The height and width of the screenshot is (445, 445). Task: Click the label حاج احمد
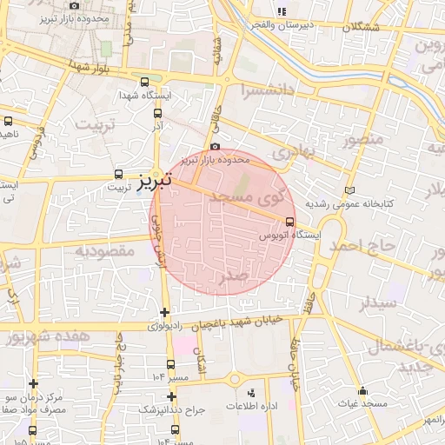pyautogui.click(x=362, y=246)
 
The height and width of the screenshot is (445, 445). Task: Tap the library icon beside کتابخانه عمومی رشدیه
pyautogui.click(x=350, y=189)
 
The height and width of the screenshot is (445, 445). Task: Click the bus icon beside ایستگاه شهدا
pyautogui.click(x=145, y=83)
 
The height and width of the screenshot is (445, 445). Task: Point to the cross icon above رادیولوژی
pyautogui.click(x=165, y=312)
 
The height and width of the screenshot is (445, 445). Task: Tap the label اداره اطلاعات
pyautogui.click(x=250, y=407)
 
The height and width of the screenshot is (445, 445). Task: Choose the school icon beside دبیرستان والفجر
pyautogui.click(x=281, y=11)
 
